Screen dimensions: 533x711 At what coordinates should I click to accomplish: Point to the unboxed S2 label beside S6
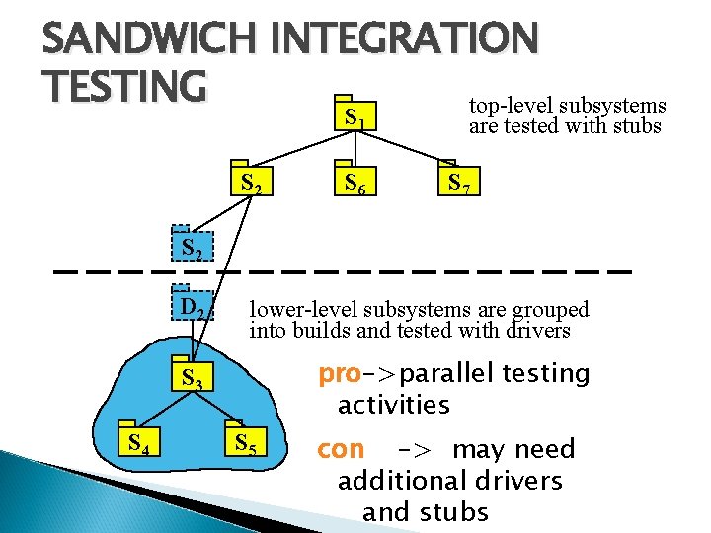(x=251, y=182)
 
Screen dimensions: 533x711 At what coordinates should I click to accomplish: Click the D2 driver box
(x=193, y=307)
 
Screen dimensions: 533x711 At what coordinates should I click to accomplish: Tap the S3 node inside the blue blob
(x=192, y=376)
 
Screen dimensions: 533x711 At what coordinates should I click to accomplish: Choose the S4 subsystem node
(x=138, y=441)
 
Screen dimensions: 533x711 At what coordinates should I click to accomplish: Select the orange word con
(x=340, y=449)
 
